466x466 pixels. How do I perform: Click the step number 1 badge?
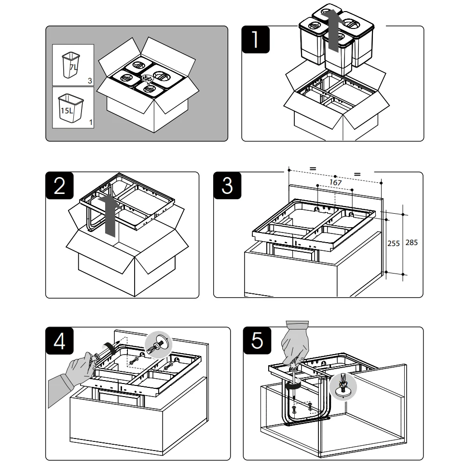pos(256,40)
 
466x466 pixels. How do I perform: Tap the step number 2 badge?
pos(59,186)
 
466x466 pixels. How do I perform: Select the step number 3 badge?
pos(227,186)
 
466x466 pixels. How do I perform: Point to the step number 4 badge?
pos(59,341)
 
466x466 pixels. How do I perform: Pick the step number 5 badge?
pos(257,341)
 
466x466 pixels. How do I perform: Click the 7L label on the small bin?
pos(73,68)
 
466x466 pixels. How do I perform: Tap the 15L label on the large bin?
pos(67,111)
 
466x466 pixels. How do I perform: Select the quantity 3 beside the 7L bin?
pos(90,81)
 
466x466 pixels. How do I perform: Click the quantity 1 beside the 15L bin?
pos(91,123)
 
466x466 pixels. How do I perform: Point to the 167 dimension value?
pos(336,182)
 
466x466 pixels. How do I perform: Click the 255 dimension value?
pos(394,244)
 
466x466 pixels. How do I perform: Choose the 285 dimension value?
pos(411,243)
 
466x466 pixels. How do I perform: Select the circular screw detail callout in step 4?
pos(158,345)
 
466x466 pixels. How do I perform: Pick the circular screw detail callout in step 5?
pos(343,386)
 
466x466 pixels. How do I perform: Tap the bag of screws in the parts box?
pos(147,79)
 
